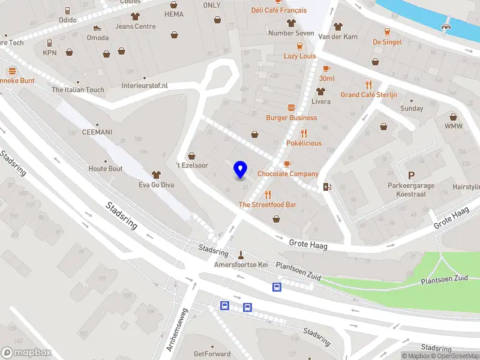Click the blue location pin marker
[241, 170]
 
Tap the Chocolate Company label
[287, 174]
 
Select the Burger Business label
[292, 118]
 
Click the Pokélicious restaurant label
[304, 143]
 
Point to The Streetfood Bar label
[268, 205]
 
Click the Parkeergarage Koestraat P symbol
[411, 175]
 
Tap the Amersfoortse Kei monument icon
[241, 254]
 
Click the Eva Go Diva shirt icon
[157, 174]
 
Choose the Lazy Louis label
[299, 56]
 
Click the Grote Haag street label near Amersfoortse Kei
[307, 242]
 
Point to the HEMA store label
[173, 14]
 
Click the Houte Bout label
[106, 169]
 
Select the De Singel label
[386, 42]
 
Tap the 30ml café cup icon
[326, 68]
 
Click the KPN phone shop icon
[49, 43]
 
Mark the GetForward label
[212, 354]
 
